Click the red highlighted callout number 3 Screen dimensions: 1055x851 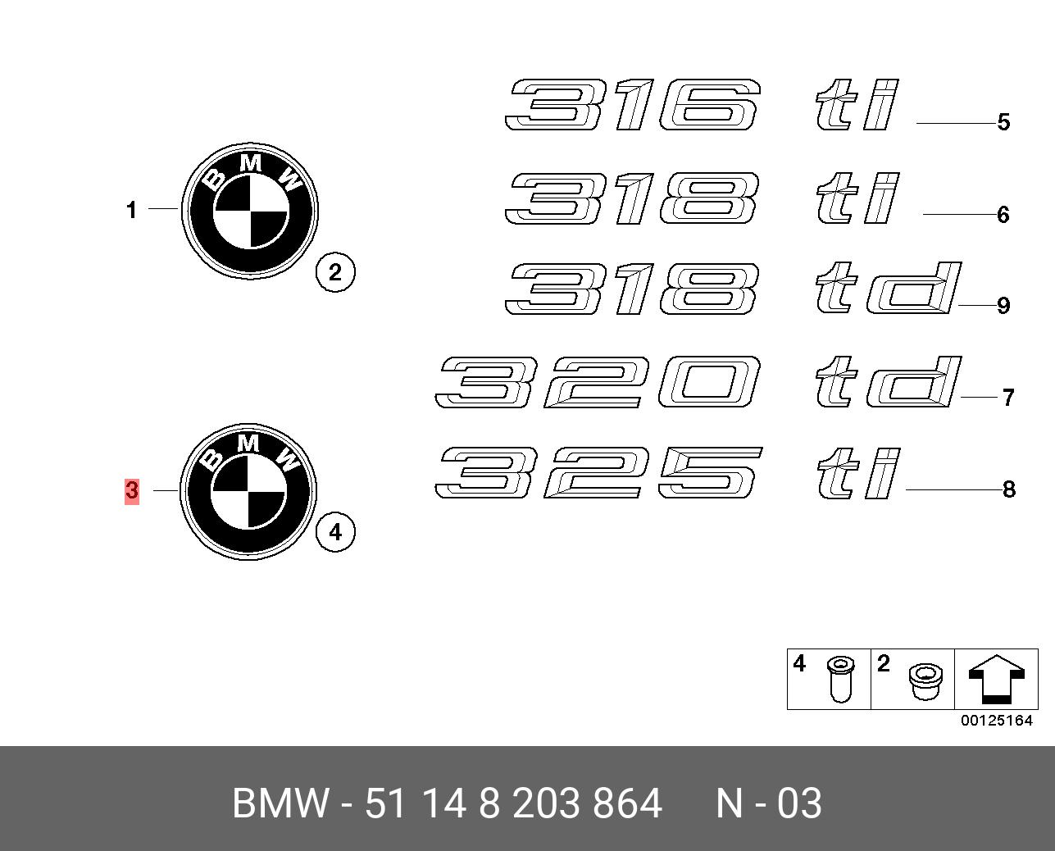pyautogui.click(x=131, y=491)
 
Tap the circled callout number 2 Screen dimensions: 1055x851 pyautogui.click(x=334, y=272)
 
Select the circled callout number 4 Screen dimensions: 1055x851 pyautogui.click(x=334, y=532)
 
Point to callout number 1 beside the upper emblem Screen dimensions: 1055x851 pyautogui.click(x=131, y=211)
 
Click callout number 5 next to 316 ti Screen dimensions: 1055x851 pyautogui.click(x=1003, y=122)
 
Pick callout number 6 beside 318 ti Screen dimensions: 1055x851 pyautogui.click(x=1003, y=215)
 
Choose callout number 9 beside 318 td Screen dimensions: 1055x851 pyautogui.click(x=1003, y=306)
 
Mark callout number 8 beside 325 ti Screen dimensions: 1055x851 pyautogui.click(x=1009, y=489)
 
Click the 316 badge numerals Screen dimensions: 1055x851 pyautogui.click(x=632, y=105)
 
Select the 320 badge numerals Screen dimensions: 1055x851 pyautogui.click(x=597, y=382)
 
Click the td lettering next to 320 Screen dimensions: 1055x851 pyautogui.click(x=887, y=382)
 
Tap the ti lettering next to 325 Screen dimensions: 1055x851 pyautogui.click(x=857, y=473)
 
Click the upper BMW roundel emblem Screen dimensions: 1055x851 pyautogui.click(x=250, y=211)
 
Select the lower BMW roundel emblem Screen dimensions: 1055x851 pyautogui.click(x=249, y=491)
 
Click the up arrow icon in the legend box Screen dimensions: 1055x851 pyautogui.click(x=996, y=679)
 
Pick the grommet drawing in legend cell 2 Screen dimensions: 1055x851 pyautogui.click(x=925, y=682)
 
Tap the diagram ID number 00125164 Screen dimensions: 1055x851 pyautogui.click(x=997, y=721)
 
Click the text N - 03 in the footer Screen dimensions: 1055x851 pyautogui.click(x=768, y=803)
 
